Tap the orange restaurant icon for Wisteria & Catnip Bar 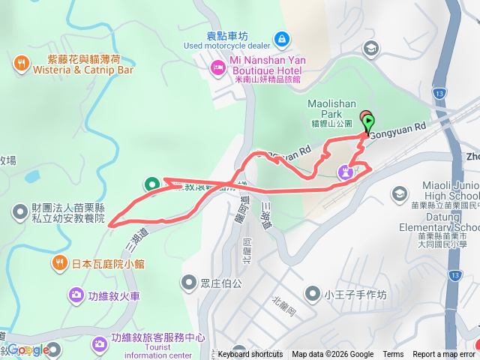[21, 62]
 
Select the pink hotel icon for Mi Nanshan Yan [218, 68]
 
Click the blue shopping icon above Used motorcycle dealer [280, 37]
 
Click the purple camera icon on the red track [345, 172]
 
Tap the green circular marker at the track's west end [151, 183]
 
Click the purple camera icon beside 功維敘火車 [76, 295]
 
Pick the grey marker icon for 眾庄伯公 [188, 283]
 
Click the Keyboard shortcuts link [250, 355]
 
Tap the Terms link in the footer [393, 355]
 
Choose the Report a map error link [444, 355]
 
